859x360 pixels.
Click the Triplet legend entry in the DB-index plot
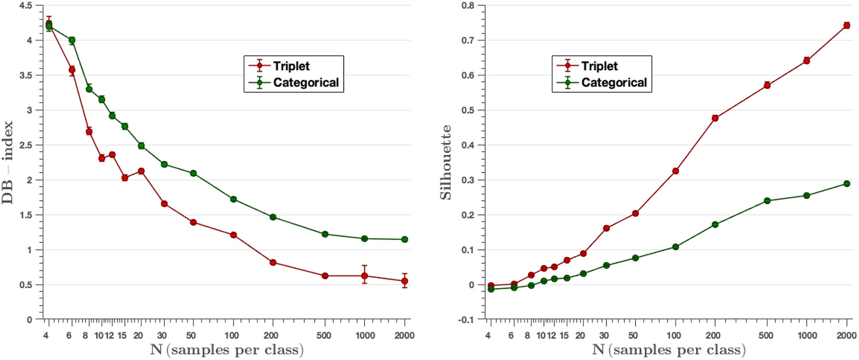pyautogui.click(x=291, y=66)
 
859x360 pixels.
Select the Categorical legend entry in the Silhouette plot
pyautogui.click(x=614, y=83)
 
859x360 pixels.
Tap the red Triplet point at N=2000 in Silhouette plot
pyautogui.click(x=846, y=25)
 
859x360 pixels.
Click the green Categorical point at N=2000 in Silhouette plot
pyautogui.click(x=846, y=184)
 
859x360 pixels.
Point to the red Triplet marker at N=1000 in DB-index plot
pyautogui.click(x=365, y=276)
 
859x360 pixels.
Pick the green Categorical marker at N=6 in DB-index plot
pyautogui.click(x=72, y=40)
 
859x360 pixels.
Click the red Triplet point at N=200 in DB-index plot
pyautogui.click(x=273, y=263)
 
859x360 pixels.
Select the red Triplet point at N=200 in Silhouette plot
pyautogui.click(x=715, y=118)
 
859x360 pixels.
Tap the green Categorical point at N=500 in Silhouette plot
pyautogui.click(x=767, y=201)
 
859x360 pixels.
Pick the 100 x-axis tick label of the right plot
pyautogui.click(x=674, y=335)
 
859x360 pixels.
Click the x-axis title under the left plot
pyautogui.click(x=226, y=350)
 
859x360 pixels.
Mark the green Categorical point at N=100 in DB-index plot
pyautogui.click(x=233, y=199)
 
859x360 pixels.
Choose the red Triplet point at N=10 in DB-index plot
pyautogui.click(x=102, y=158)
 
